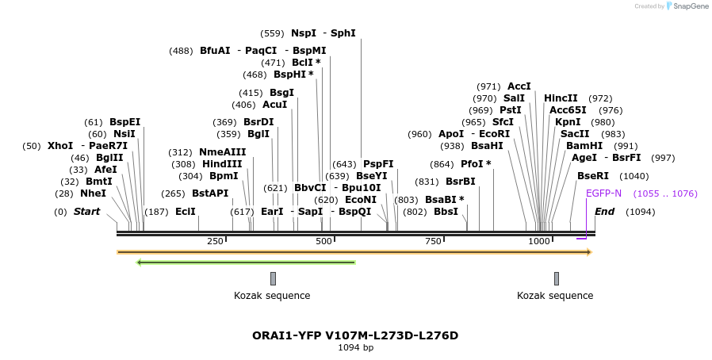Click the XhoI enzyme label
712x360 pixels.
pyautogui.click(x=59, y=146)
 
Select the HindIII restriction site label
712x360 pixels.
pyautogui.click(x=222, y=164)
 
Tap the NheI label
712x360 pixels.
pyautogui.click(x=93, y=193)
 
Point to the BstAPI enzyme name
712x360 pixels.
pyautogui.click(x=209, y=193)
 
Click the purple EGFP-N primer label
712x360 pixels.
pyautogui.click(x=603, y=193)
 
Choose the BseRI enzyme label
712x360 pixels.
pyautogui.click(x=593, y=176)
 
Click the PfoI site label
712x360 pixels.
pyautogui.click(x=476, y=164)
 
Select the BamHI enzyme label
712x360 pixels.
pyautogui.click(x=584, y=146)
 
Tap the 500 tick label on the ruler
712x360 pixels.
pyautogui.click(x=323, y=241)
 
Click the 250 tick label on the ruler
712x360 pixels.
pyautogui.click(x=215, y=241)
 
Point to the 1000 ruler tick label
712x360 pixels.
pyautogui.click(x=539, y=241)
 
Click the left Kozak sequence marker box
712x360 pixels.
pyautogui.click(x=273, y=278)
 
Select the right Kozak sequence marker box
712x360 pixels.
pyautogui.click(x=557, y=278)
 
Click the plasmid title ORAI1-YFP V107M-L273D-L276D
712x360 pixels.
pyautogui.click(x=355, y=335)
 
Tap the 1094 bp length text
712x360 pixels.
pyautogui.click(x=355, y=347)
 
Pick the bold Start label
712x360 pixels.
pyautogui.click(x=86, y=212)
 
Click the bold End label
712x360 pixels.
pyautogui.click(x=604, y=212)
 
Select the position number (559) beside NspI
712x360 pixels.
pyautogui.click(x=272, y=33)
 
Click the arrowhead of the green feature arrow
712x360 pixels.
pyautogui.click(x=140, y=262)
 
